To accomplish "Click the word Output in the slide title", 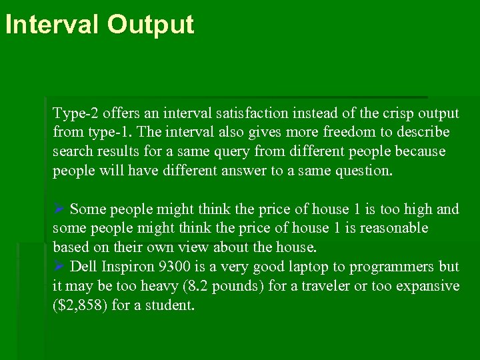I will [x=150, y=25].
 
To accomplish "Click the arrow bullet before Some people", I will [x=58, y=209].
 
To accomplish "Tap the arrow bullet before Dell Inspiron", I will [x=58, y=267].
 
